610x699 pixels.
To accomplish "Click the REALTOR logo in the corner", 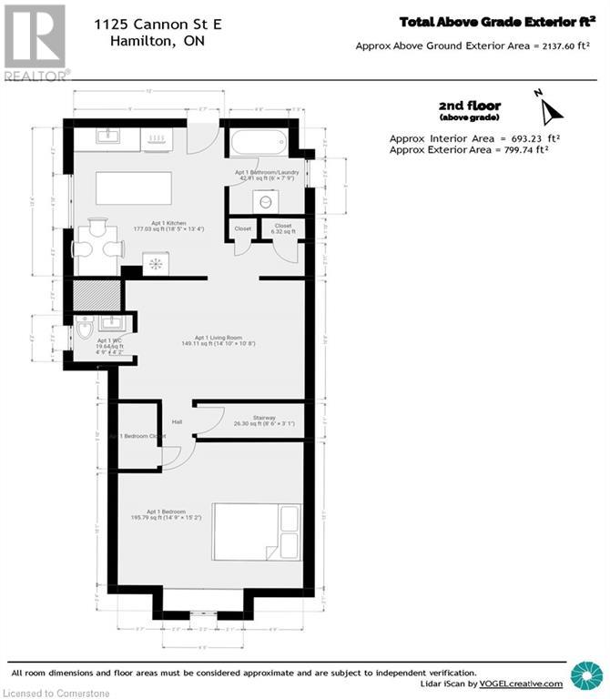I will pos(36,42).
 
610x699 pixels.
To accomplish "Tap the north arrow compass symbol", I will pos(549,107).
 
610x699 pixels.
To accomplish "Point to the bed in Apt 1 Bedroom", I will pos(258,532).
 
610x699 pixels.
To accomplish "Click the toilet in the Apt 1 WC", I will pos(85,330).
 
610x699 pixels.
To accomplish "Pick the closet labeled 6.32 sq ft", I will pos(282,229).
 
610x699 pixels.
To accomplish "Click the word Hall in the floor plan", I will pos(178,420).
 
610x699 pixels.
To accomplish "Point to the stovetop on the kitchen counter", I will pos(158,138).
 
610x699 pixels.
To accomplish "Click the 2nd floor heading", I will pos(469,106).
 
